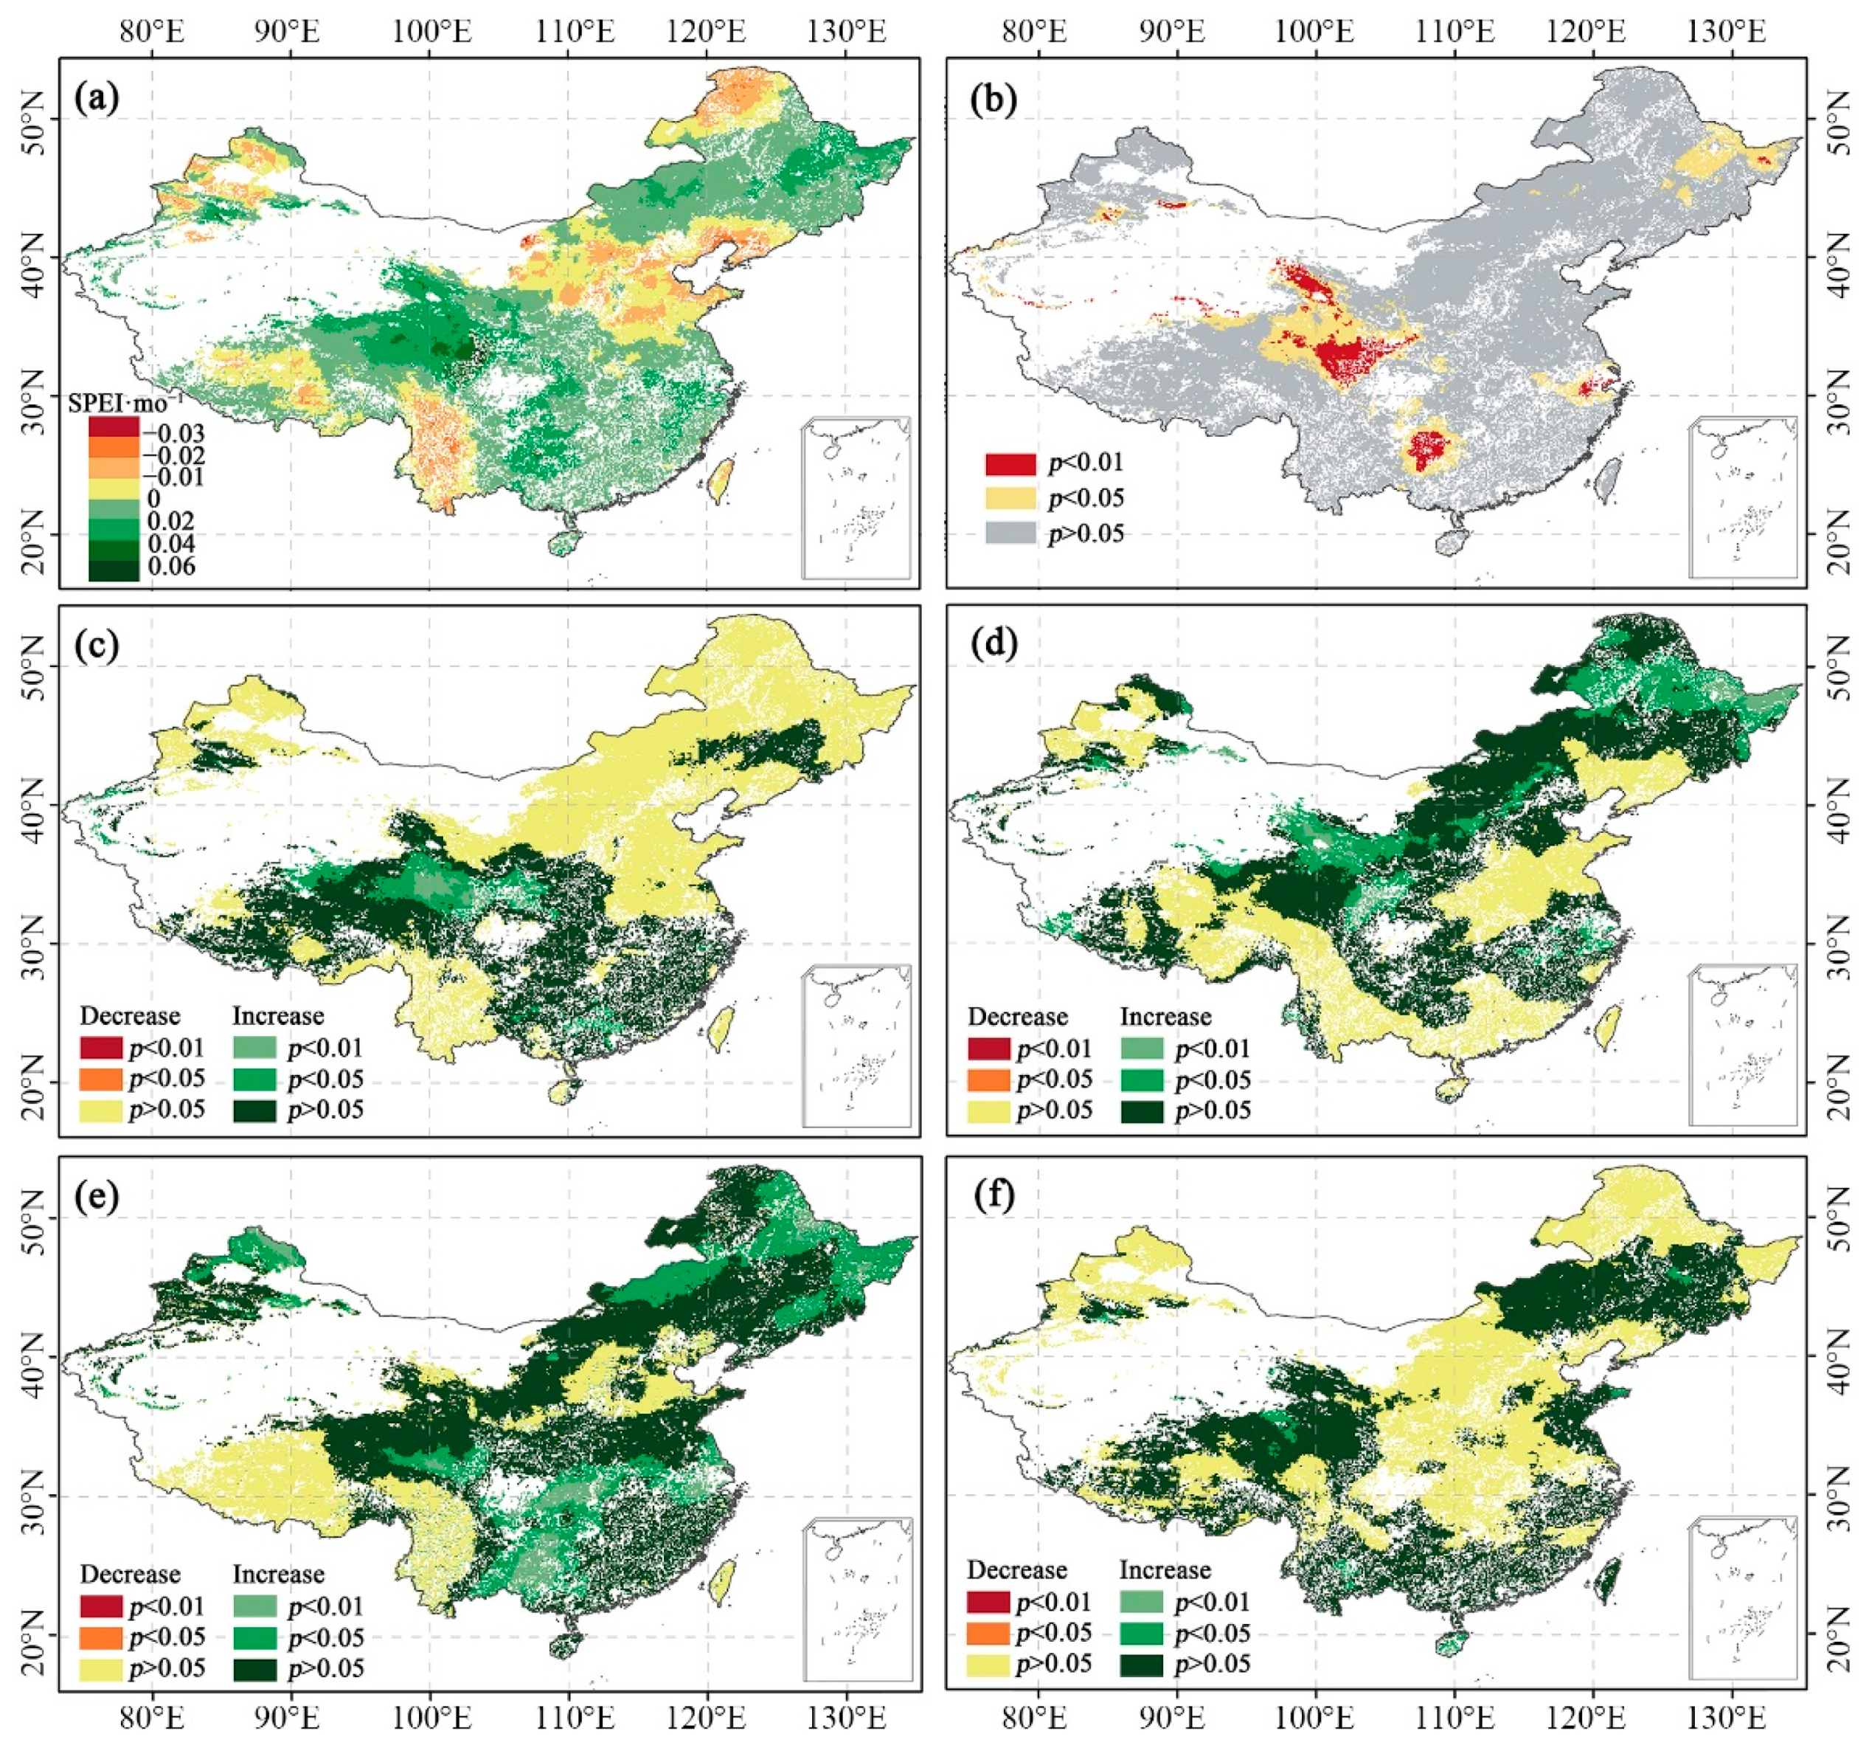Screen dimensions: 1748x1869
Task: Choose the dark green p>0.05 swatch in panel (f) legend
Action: pyautogui.click(x=1141, y=1663)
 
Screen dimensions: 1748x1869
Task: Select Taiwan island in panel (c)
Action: pyautogui.click(x=721, y=1028)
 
